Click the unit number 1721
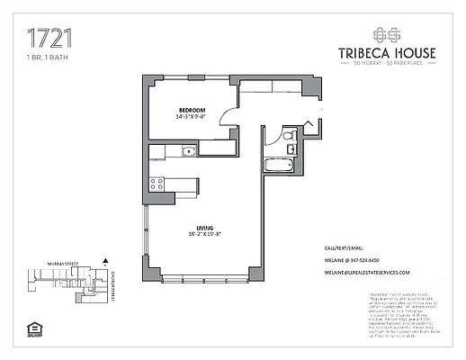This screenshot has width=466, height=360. point(49,38)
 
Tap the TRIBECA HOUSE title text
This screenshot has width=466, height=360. point(386,53)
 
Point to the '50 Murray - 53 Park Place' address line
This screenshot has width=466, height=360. point(386,66)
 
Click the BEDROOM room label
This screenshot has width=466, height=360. point(193,109)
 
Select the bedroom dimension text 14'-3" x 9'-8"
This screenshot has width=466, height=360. point(193,116)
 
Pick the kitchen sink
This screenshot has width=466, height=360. point(187,150)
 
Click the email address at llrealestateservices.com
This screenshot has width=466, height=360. point(366,272)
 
